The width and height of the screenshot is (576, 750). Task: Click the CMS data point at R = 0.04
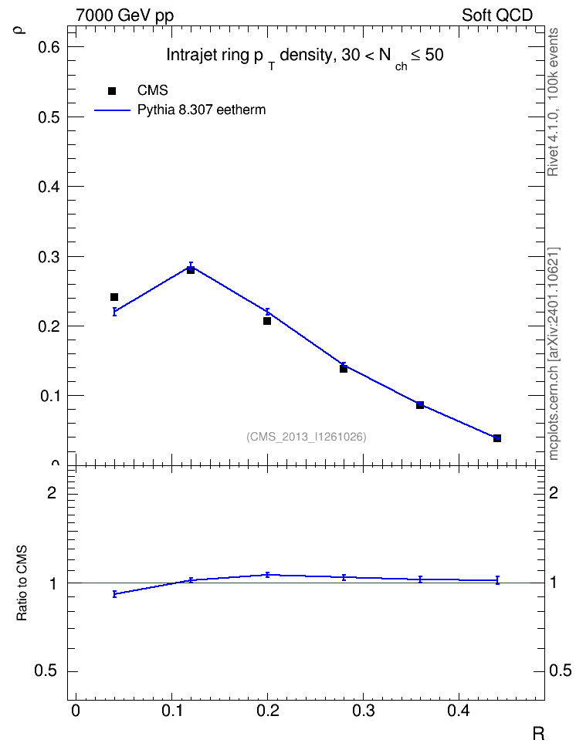point(114,297)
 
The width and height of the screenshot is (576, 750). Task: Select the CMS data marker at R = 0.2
point(267,321)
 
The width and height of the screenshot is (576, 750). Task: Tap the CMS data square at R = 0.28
point(344,369)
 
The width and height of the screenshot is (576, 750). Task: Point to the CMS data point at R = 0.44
point(497,438)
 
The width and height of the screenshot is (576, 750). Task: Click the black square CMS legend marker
point(112,91)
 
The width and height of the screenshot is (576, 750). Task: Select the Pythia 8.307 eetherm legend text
point(201,110)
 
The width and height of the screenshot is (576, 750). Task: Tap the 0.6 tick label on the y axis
point(49,47)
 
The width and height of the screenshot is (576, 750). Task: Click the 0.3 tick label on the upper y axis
point(49,257)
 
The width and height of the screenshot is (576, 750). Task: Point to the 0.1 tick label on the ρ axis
point(49,396)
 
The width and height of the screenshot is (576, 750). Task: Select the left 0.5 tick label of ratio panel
point(45,671)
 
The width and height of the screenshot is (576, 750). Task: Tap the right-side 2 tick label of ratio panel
point(554,492)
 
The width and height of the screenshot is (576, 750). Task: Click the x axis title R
point(538,733)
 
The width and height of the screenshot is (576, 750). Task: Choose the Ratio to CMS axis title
point(22,583)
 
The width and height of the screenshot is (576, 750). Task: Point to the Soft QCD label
point(497,15)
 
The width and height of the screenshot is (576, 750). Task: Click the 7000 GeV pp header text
point(124,15)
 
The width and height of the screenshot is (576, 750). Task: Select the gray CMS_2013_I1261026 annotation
point(307,437)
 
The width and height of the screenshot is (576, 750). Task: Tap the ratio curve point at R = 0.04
point(114,594)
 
